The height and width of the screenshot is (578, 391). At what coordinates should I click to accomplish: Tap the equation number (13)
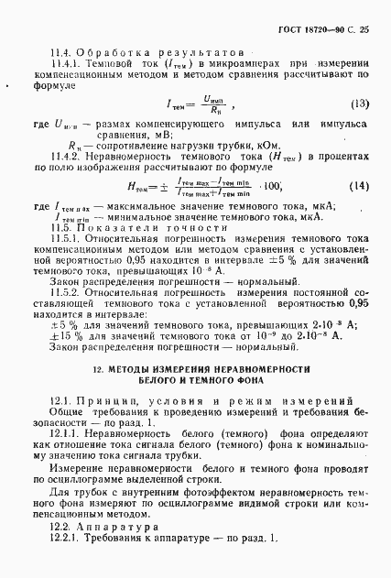tap(359, 103)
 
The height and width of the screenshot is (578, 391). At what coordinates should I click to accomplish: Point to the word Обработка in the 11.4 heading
tap(106, 53)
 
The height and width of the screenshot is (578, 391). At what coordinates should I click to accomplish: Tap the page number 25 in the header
tap(364, 29)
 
